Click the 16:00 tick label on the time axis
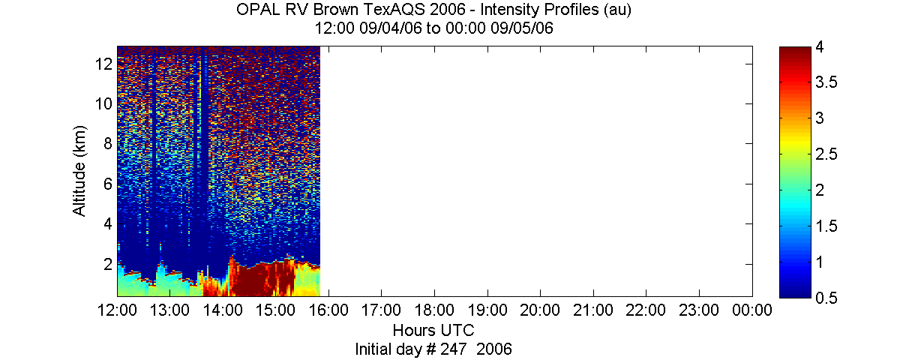click(x=328, y=310)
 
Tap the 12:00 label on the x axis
click(x=117, y=310)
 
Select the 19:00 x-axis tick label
click(x=487, y=310)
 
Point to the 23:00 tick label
click(x=699, y=310)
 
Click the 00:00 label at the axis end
click(x=752, y=310)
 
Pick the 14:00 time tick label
click(x=223, y=310)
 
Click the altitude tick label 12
click(x=103, y=64)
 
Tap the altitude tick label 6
click(x=108, y=184)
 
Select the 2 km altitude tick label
click(x=108, y=264)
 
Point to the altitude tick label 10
click(x=103, y=104)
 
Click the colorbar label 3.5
click(x=826, y=82)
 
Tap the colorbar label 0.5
click(x=826, y=298)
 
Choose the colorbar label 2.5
click(x=826, y=154)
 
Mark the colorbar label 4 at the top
click(x=820, y=47)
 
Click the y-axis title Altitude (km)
click(x=79, y=171)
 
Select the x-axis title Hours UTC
click(x=433, y=330)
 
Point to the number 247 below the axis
click(x=453, y=349)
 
